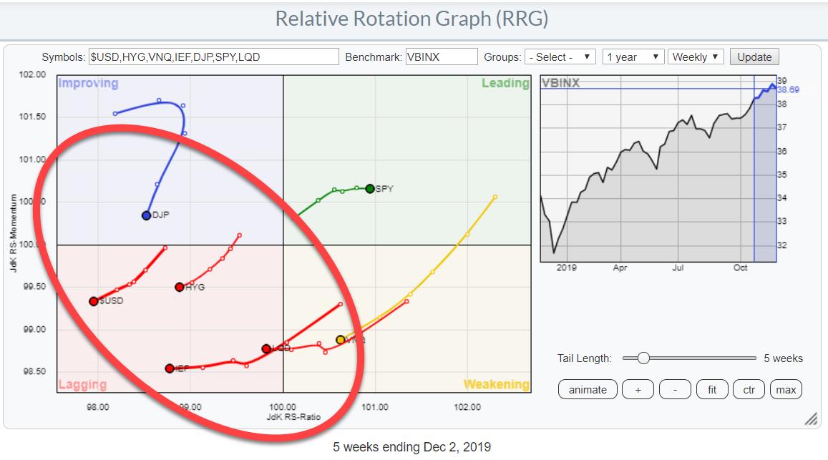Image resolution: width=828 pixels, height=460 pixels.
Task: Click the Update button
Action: (754, 57)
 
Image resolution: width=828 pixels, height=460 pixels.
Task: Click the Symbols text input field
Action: (213, 57)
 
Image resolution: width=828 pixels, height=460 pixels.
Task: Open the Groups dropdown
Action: (560, 57)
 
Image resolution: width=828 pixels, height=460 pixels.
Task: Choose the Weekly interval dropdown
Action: (696, 57)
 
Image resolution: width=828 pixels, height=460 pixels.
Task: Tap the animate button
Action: (587, 390)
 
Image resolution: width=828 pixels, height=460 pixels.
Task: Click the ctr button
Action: (749, 390)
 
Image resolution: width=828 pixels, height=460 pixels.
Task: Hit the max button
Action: (785, 390)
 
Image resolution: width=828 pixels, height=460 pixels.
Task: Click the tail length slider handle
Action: (643, 358)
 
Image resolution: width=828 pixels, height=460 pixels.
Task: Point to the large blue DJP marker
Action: (146, 215)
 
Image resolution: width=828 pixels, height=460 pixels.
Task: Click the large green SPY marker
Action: (369, 189)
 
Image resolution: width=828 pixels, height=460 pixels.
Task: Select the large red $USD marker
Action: (94, 301)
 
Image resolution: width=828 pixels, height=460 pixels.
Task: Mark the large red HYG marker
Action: (179, 287)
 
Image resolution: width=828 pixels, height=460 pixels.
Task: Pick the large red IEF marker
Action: (170, 368)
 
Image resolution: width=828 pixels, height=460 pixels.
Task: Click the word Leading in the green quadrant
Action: (505, 84)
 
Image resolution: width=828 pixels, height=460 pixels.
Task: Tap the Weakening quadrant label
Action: (496, 385)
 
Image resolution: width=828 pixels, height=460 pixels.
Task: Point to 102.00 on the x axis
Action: (467, 407)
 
